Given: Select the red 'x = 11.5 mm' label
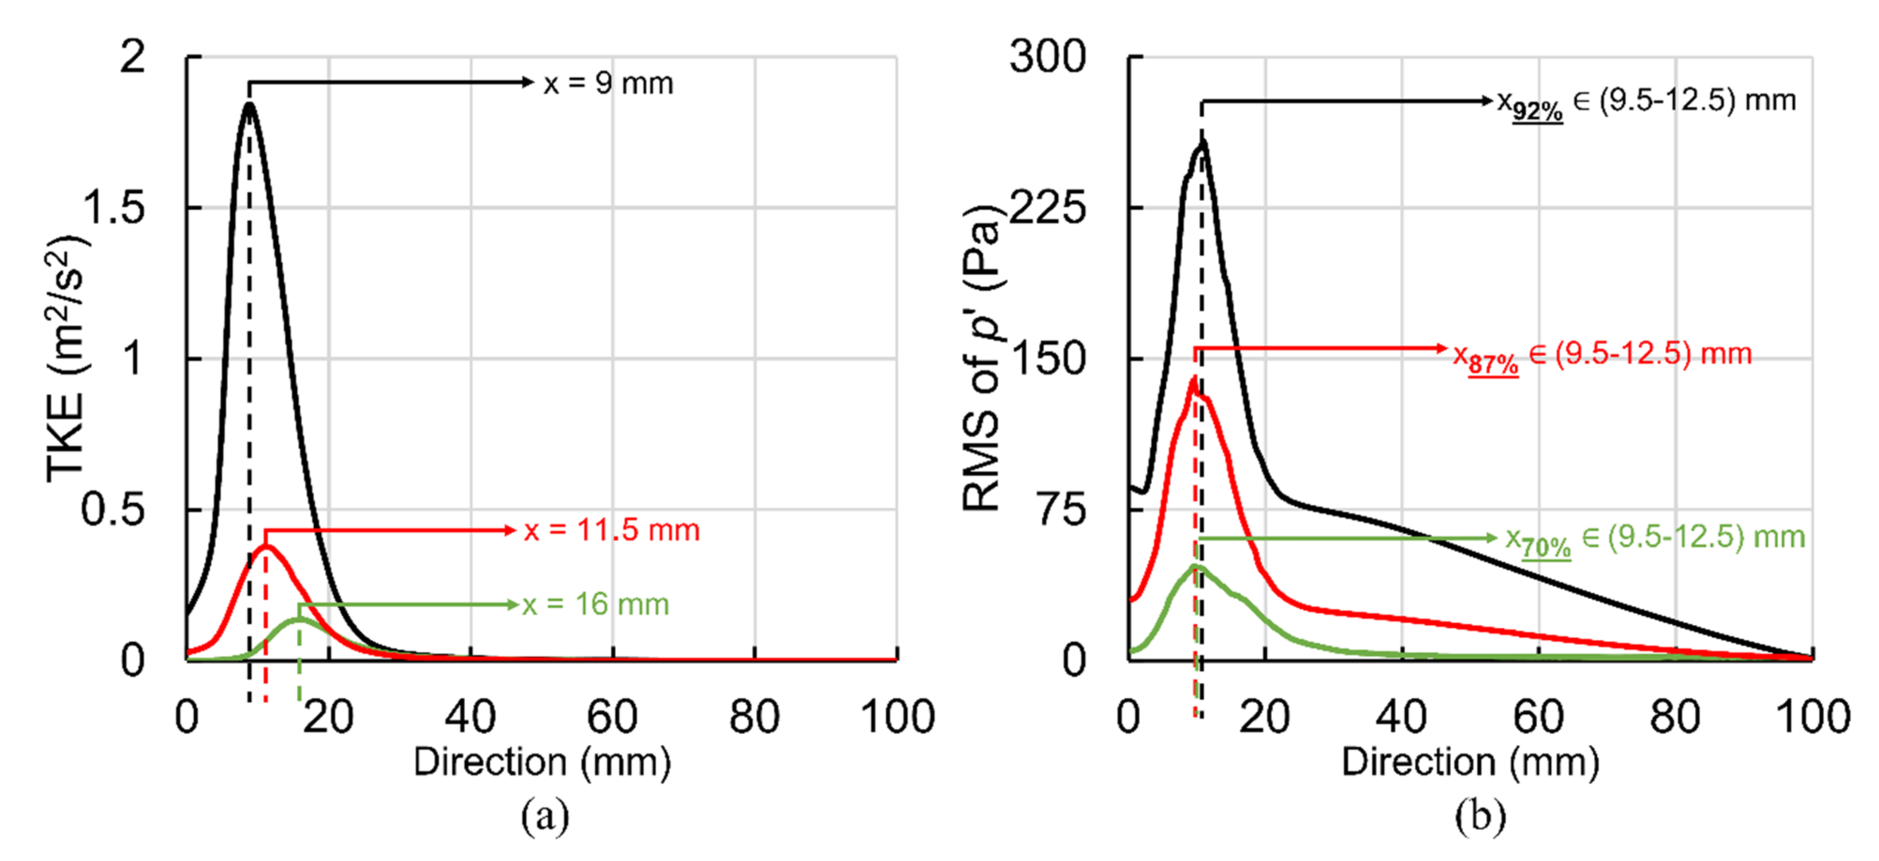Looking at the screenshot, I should (611, 531).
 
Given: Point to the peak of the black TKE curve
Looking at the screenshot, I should (249, 105).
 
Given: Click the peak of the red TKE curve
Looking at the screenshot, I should (266, 546).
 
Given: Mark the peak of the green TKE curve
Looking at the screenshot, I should (298, 619).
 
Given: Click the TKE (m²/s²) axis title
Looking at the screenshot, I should (67, 358).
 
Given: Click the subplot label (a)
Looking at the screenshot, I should (544, 816).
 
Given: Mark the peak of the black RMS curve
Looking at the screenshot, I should (1201, 142).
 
